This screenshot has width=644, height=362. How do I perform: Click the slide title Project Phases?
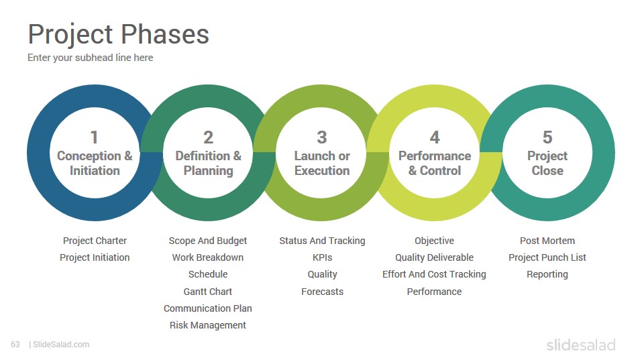click(118, 34)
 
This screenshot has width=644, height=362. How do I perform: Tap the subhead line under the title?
click(91, 58)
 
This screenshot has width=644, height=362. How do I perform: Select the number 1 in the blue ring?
click(95, 137)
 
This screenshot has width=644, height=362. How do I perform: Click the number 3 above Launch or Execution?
click(322, 137)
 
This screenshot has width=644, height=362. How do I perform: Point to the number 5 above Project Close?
click(547, 137)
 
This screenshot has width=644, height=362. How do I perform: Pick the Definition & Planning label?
click(208, 164)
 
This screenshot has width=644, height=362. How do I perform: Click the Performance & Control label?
click(435, 164)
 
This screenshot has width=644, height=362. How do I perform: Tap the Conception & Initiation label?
click(95, 164)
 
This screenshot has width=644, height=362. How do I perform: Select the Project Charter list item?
click(95, 241)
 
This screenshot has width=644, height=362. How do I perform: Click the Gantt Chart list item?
click(208, 292)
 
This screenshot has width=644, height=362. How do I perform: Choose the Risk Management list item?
click(208, 326)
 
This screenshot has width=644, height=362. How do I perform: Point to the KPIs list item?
click(323, 257)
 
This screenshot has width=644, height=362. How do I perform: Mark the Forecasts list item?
click(323, 292)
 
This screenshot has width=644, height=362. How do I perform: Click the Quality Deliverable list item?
click(435, 257)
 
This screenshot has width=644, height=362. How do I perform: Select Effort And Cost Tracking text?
click(435, 275)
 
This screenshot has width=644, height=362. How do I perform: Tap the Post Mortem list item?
click(547, 241)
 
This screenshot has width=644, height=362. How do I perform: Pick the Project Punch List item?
click(547, 257)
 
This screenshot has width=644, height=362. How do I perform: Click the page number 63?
click(15, 345)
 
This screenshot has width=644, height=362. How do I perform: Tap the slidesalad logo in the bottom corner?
click(581, 345)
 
